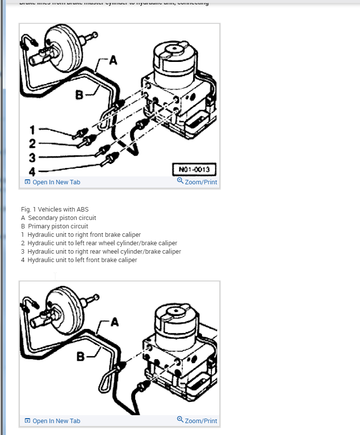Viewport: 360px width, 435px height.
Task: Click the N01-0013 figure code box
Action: [194, 169]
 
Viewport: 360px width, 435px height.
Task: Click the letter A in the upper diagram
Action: [113, 60]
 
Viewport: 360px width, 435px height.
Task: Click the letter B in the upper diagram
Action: [79, 94]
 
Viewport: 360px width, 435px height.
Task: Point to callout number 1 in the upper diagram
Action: [33, 130]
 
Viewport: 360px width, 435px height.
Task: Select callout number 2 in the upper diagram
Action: [33, 144]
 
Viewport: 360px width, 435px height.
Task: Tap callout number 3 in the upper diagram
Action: [33, 158]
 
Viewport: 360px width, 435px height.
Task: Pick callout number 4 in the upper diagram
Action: [33, 172]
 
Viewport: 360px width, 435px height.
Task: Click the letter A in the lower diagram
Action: [114, 322]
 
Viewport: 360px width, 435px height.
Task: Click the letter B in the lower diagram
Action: [80, 356]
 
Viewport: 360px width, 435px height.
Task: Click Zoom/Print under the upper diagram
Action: [197, 182]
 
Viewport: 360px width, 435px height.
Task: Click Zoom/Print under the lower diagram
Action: [197, 421]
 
